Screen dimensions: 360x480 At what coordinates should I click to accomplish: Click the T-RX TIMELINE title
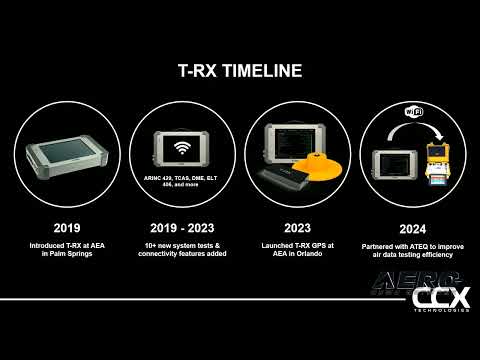[239, 71]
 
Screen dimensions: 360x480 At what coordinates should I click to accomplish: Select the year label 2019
[67, 225]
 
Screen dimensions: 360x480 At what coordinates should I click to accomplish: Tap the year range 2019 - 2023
[181, 225]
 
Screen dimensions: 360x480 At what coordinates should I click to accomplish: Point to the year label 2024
[412, 227]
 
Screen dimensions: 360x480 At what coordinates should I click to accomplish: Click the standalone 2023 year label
[296, 225]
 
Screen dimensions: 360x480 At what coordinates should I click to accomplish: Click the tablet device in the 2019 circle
[67, 154]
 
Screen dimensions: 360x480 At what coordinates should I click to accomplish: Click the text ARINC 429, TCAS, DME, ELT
[182, 174]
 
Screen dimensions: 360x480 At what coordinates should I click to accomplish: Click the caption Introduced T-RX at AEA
[68, 245]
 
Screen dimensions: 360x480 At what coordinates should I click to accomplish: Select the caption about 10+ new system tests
[182, 245]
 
